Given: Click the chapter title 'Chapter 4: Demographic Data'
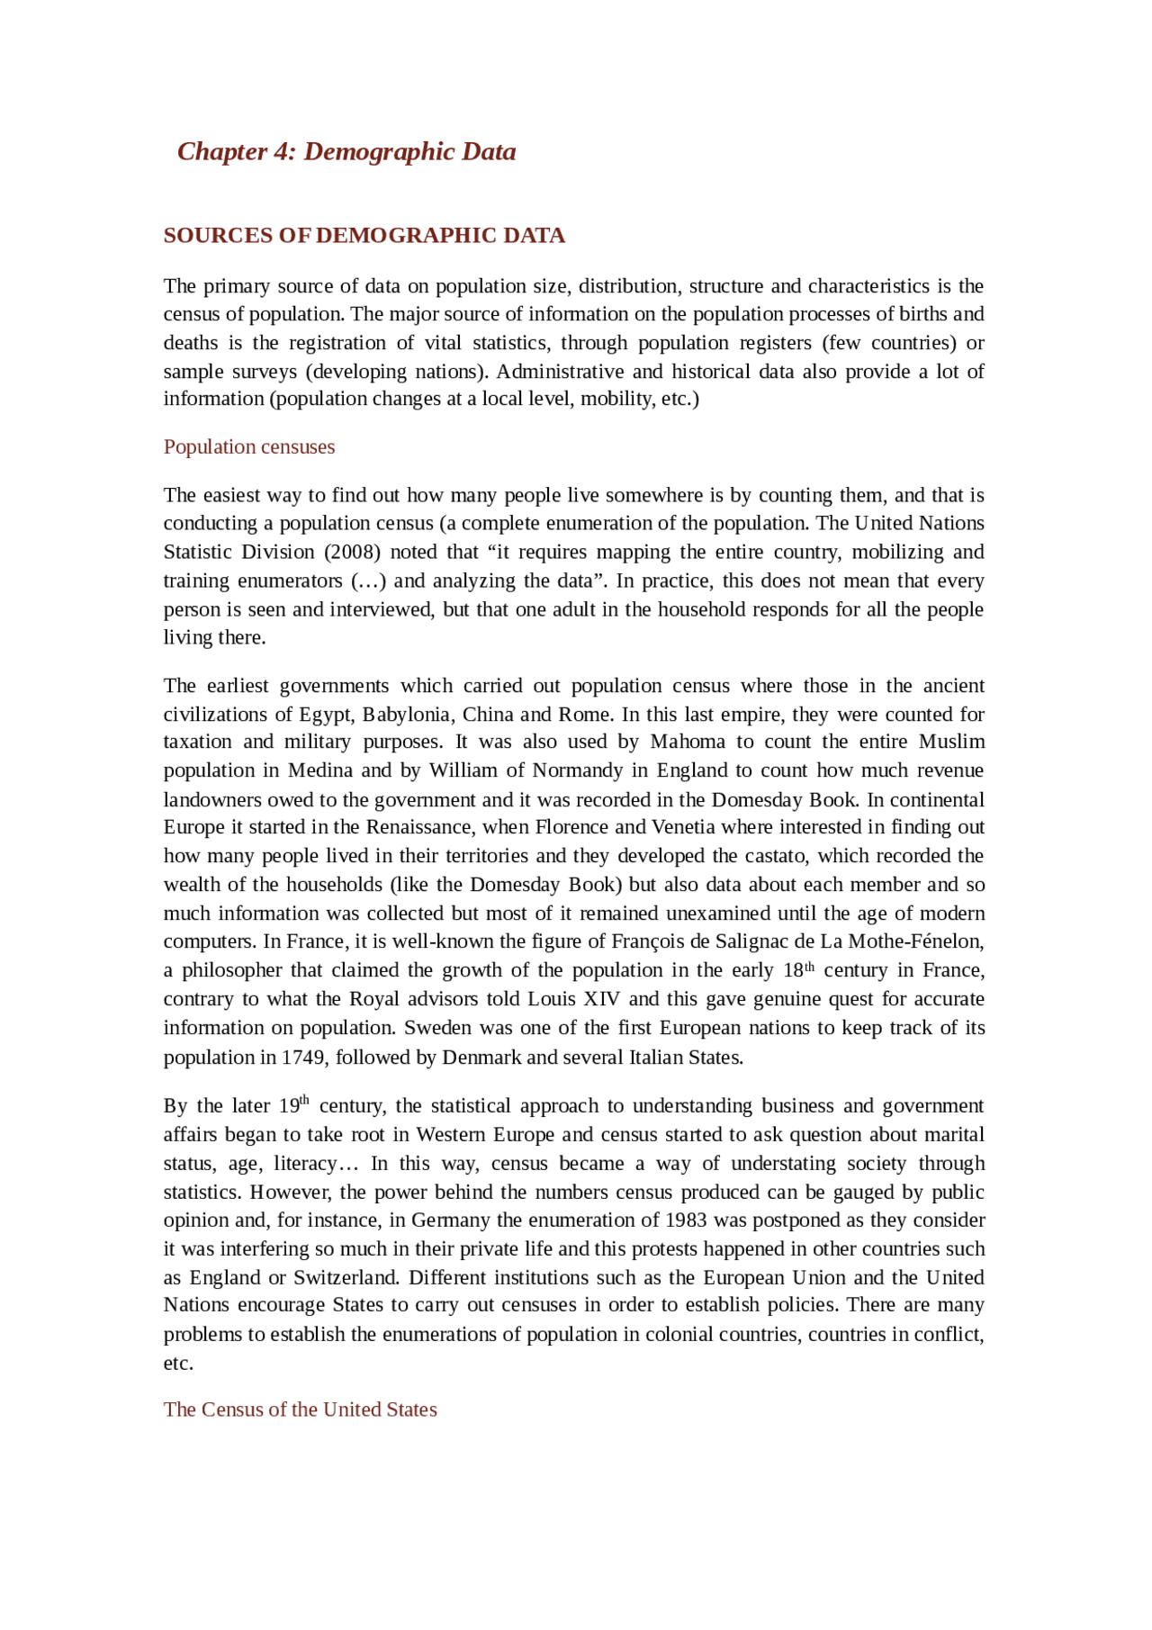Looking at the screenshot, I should [346, 151].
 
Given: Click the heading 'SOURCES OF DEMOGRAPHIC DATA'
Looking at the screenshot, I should [364, 236].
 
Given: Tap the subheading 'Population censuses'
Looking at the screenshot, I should [248, 447].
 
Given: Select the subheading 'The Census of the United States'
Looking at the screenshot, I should [300, 1409].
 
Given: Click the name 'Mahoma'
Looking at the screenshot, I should [688, 742].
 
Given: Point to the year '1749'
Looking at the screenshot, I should [303, 1058].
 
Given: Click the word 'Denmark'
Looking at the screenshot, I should [481, 1058].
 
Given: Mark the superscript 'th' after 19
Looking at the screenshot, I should [304, 1100].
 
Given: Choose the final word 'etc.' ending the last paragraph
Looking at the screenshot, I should [178, 1364].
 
